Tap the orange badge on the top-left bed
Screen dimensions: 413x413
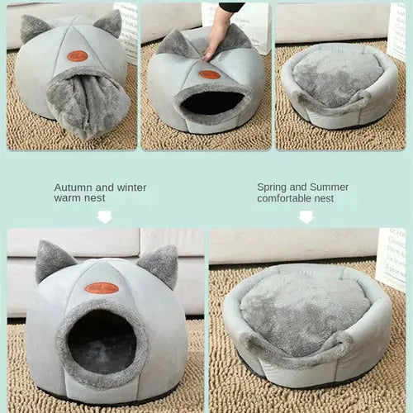[x=78, y=56]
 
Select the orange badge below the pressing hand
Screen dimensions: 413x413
[x=210, y=74]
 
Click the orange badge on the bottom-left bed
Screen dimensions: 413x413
[x=102, y=288]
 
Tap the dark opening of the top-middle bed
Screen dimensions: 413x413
[x=212, y=102]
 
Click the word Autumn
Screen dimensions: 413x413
[x=71, y=188]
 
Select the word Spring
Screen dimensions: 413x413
[x=271, y=188]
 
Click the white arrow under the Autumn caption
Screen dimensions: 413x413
[x=103, y=216]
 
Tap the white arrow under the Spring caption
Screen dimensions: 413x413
[x=306, y=216]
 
